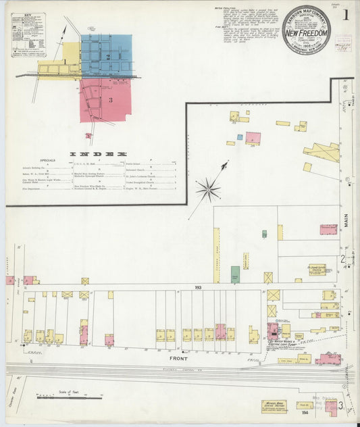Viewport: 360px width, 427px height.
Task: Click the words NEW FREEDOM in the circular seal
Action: [307, 33]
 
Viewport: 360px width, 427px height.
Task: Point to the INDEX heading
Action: [98, 155]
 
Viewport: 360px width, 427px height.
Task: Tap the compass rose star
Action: [208, 189]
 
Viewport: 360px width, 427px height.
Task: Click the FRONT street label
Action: [178, 357]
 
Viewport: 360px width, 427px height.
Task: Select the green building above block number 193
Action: [235, 274]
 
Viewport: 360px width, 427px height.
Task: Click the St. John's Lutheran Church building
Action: [317, 270]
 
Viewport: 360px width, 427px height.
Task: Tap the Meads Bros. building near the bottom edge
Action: [273, 406]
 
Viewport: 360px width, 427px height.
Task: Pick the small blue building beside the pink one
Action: [239, 137]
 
